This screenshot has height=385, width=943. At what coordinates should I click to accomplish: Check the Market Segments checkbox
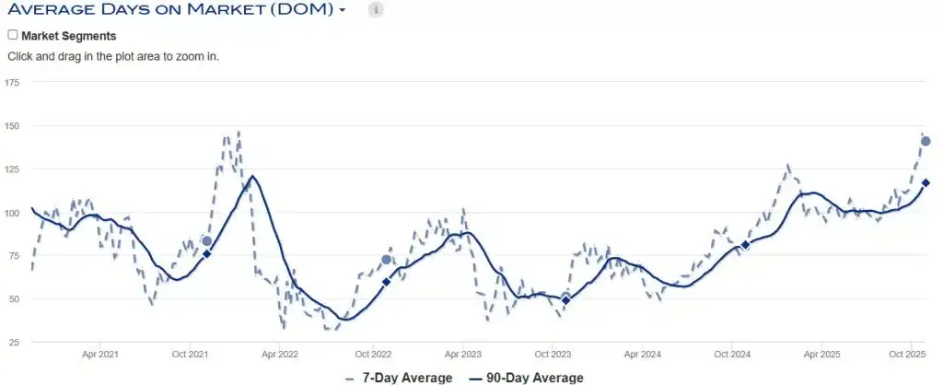coord(13,35)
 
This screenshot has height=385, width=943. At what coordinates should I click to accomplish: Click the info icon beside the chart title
coord(376,10)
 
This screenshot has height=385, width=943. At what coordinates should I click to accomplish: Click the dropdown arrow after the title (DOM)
coord(343,10)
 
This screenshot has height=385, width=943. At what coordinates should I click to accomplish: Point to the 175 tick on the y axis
coord(12,83)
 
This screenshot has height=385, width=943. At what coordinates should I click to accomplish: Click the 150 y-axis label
coord(12,126)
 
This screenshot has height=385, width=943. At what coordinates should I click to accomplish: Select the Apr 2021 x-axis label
coord(100,354)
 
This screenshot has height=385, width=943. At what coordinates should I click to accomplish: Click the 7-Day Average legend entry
coord(400,378)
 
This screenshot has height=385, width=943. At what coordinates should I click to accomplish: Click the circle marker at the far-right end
coord(926,141)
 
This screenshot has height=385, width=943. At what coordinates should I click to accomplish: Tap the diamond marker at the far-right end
coord(926,182)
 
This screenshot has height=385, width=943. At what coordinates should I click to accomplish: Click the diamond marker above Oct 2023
coord(565,300)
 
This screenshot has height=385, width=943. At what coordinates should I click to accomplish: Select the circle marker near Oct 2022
coord(386,260)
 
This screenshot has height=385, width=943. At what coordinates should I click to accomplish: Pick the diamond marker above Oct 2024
coord(745,245)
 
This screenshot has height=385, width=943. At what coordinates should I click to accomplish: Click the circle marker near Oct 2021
coord(206,241)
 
